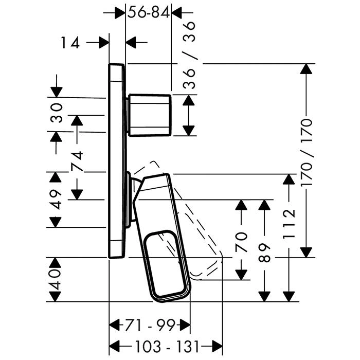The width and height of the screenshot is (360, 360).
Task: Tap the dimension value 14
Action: tap(70, 43)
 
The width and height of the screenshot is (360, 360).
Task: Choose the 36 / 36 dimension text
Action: tap(190, 56)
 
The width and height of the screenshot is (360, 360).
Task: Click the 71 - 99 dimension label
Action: tap(150, 325)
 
